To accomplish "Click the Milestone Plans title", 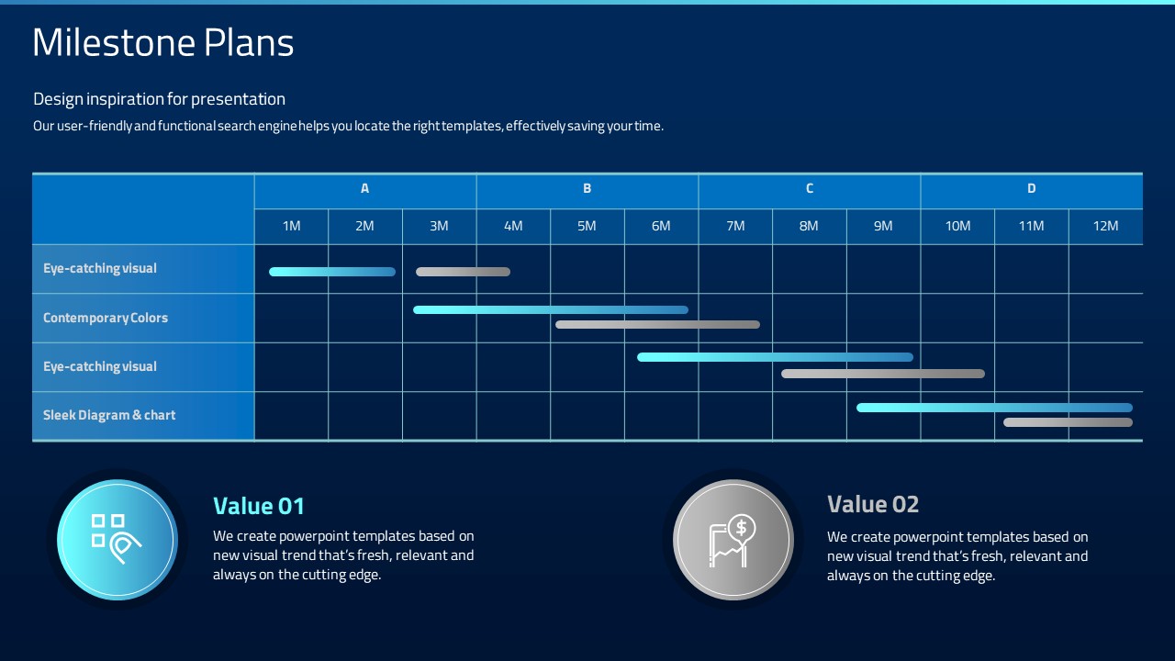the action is [163, 42].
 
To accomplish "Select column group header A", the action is [365, 188].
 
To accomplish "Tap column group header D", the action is [1031, 188].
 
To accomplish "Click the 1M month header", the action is [292, 226].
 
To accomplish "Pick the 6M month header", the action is [661, 226].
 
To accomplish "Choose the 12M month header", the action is [1106, 226].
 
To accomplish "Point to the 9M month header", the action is [883, 226].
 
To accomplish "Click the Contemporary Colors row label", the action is [106, 318].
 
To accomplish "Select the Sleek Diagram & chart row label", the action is [109, 415].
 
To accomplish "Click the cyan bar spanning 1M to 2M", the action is [332, 272].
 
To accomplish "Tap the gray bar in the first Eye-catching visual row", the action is [464, 272].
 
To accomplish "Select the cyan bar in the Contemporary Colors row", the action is [551, 310].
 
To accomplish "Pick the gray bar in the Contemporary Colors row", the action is [658, 325].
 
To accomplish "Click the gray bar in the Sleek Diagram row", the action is [1068, 422].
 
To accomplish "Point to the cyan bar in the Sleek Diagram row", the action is [994, 408].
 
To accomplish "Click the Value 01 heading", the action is [259, 506].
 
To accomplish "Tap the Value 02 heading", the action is [873, 505].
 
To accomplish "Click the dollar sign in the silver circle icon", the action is [741, 527].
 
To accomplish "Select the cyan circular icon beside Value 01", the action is [117, 539].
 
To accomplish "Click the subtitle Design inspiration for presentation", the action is [159, 99].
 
